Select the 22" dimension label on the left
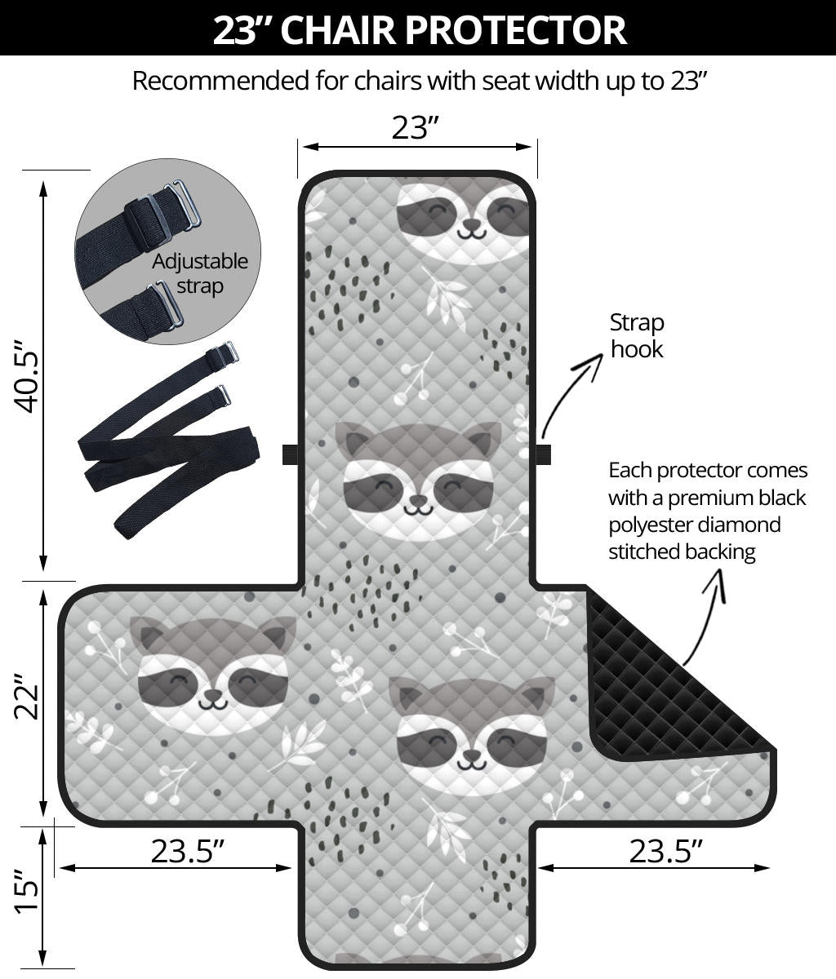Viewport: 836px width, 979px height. [25, 697]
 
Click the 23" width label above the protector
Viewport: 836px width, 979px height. [416, 127]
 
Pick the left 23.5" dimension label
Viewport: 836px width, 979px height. [187, 851]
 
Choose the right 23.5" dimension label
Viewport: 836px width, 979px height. [665, 851]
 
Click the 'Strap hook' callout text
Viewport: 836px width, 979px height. [637, 336]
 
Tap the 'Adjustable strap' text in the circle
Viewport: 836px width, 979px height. [200, 274]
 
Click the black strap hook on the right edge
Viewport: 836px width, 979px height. [543, 454]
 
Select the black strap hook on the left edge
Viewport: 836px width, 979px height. [290, 454]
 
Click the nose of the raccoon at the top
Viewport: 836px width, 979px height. [471, 223]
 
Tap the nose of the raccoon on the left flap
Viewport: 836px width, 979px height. [213, 695]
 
